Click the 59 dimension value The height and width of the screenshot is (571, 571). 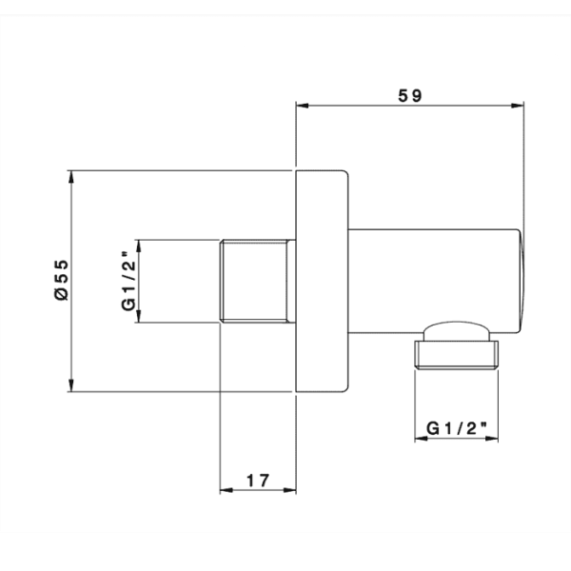[409, 96]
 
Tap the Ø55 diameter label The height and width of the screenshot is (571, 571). [61, 280]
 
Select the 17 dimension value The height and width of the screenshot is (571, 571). [258, 481]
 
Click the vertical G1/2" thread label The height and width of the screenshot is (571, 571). [128, 281]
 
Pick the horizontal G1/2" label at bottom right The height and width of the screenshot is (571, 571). [456, 428]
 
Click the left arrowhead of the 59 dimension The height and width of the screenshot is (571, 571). [303, 106]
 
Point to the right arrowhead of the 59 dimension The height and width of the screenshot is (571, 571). [517, 106]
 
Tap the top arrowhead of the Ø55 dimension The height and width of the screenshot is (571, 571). [71, 177]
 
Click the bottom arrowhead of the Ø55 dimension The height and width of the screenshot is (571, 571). [71, 385]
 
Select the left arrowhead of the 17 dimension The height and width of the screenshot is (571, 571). [226, 490]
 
